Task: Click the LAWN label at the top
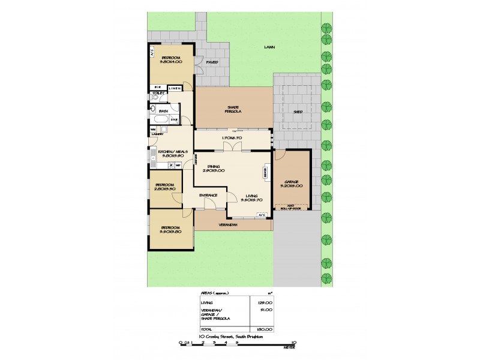coord(269,47)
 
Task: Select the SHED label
coord(298,112)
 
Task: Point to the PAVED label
coord(212,62)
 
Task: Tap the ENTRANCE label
coord(208,195)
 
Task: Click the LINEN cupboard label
coord(174,89)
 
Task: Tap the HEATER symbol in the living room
coord(265,172)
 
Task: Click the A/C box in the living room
coord(261,215)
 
